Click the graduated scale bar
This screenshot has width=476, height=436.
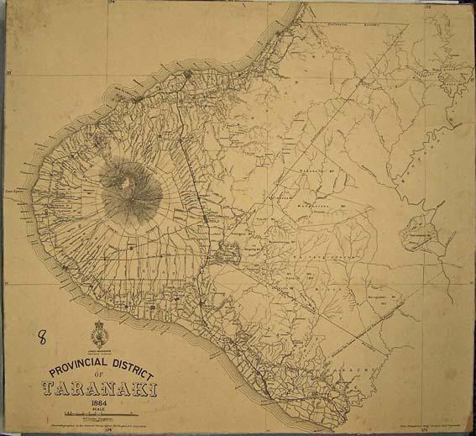[x=101, y=414]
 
